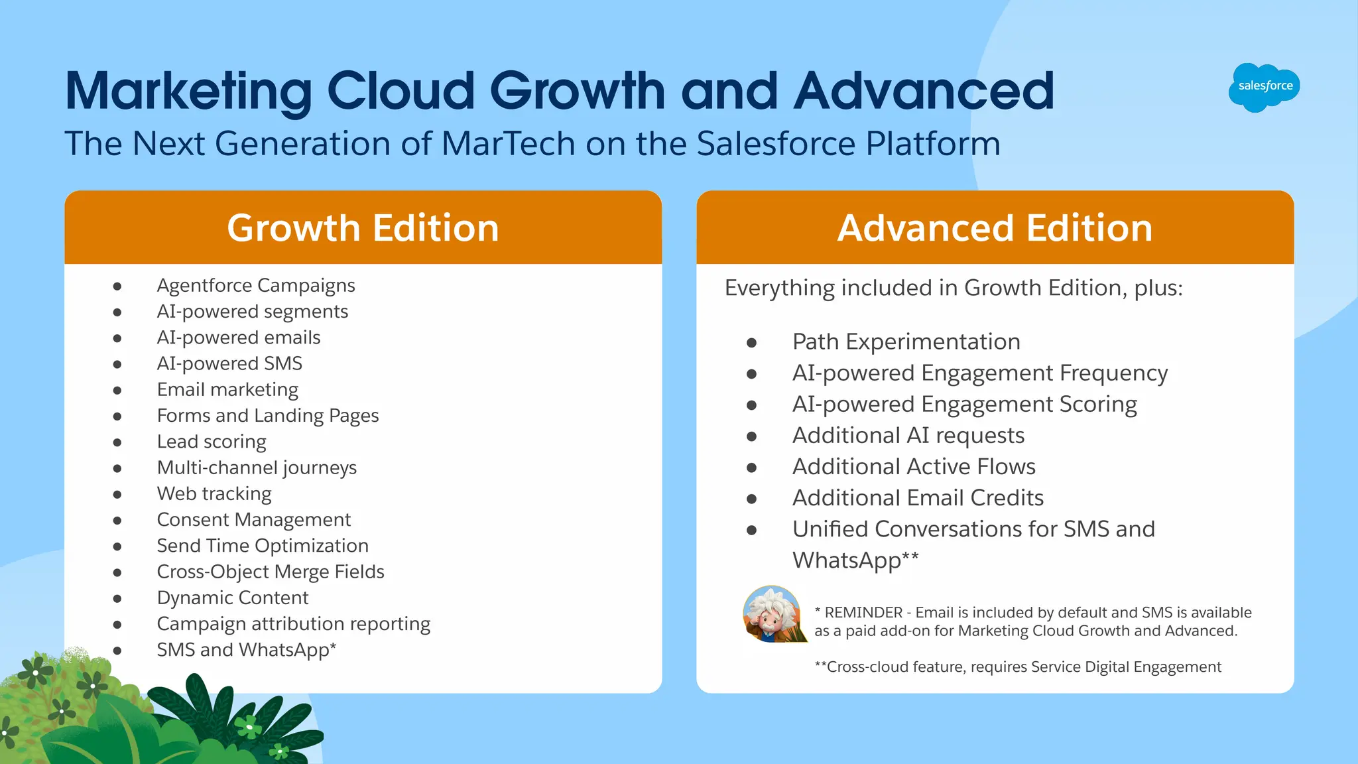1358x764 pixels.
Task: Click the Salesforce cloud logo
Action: click(x=1264, y=87)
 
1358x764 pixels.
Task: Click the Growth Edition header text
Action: click(x=363, y=228)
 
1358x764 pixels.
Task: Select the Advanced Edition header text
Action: click(x=995, y=228)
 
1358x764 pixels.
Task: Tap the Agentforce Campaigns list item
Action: click(x=255, y=285)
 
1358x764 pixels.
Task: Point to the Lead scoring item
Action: click(x=211, y=442)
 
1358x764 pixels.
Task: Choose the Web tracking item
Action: click(x=214, y=493)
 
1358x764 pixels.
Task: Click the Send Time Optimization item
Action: click(x=262, y=546)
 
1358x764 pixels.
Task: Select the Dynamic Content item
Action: click(x=232, y=598)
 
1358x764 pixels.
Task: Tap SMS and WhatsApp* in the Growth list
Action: click(x=246, y=650)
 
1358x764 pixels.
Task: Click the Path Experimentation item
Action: click(x=906, y=342)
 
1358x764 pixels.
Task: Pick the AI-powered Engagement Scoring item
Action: click(x=964, y=404)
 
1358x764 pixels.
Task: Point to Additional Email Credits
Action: click(x=918, y=498)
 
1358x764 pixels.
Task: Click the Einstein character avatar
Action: click(x=772, y=614)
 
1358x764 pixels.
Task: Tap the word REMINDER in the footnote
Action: click(x=863, y=613)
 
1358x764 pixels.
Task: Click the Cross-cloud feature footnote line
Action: click(x=1017, y=667)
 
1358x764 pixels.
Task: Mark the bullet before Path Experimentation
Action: click(x=751, y=343)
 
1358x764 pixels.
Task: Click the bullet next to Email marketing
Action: click(x=117, y=391)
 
